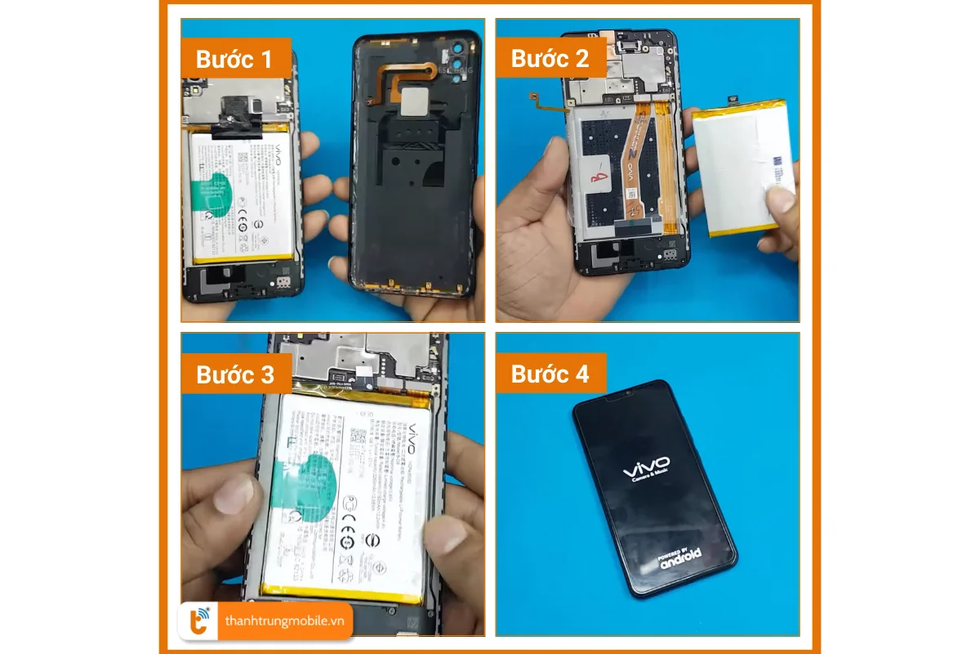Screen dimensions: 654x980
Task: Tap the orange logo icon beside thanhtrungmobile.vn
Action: click(x=198, y=621)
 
